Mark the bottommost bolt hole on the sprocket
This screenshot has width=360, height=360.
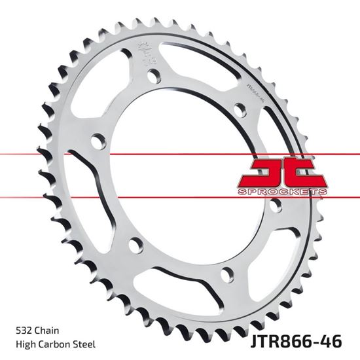tap(227, 274)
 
